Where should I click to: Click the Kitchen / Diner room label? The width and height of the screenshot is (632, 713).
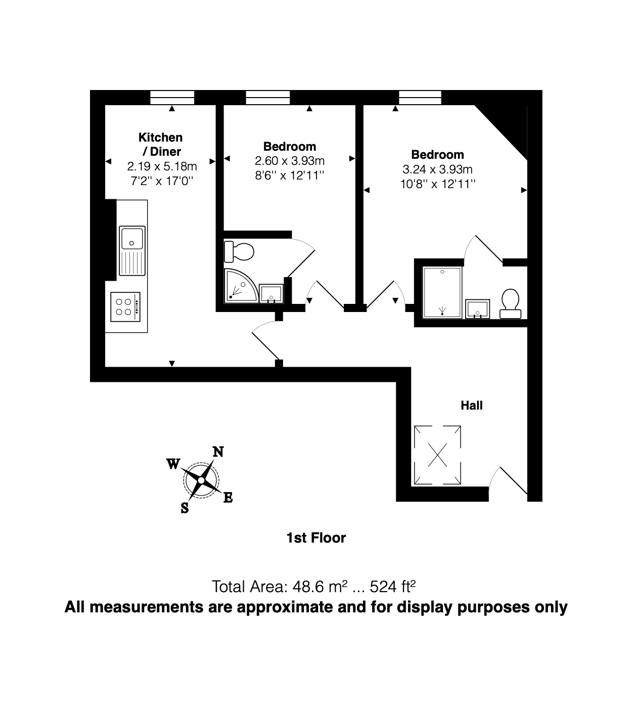click(160, 144)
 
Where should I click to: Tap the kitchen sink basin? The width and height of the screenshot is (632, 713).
click(131, 238)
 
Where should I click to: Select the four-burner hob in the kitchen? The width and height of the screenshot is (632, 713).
click(126, 306)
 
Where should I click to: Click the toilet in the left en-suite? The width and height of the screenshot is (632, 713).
click(240, 251)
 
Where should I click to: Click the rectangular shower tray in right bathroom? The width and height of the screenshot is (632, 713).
click(442, 293)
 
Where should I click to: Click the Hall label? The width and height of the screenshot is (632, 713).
click(471, 406)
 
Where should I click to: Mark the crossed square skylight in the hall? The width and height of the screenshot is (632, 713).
click(437, 455)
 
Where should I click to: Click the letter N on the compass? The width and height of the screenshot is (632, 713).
click(218, 452)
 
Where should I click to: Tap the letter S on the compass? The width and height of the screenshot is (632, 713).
click(185, 508)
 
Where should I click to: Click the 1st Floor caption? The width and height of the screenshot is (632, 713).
click(316, 538)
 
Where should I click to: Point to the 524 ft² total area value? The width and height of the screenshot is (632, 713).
click(393, 587)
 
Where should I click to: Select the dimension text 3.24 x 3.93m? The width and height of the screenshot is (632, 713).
click(437, 169)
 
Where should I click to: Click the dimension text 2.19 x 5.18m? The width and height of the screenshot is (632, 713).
click(162, 166)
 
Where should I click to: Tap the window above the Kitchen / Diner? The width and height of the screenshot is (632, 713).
click(172, 97)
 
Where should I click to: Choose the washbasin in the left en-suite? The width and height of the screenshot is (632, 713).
click(271, 293)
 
